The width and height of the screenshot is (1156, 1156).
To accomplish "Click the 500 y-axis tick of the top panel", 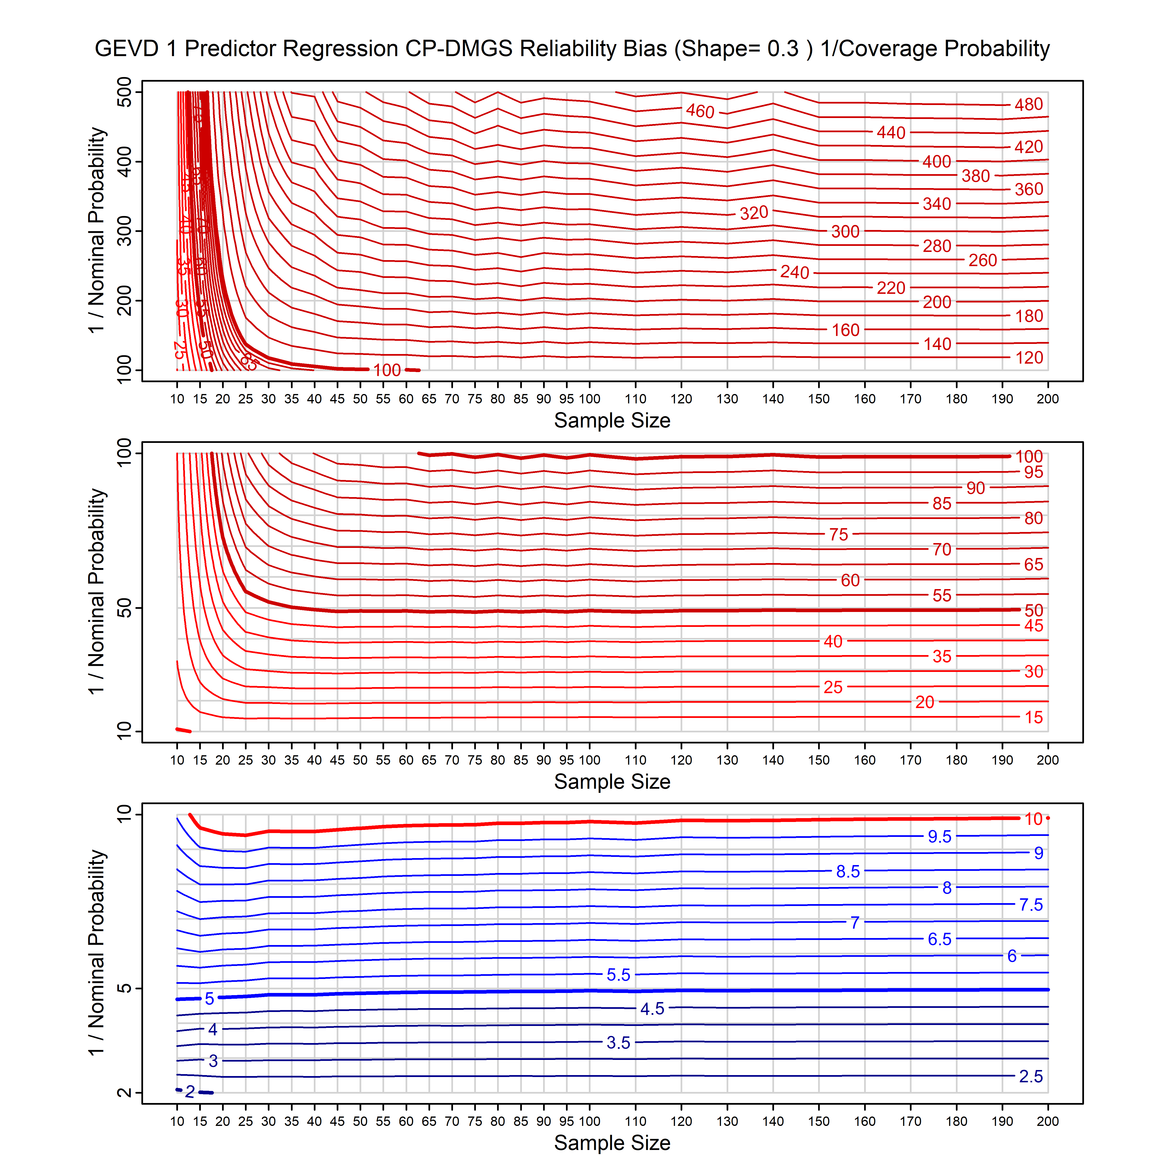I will [125, 92].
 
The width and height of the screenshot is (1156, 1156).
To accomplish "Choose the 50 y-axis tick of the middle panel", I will [125, 609].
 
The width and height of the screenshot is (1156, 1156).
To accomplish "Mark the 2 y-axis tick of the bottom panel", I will [125, 1093].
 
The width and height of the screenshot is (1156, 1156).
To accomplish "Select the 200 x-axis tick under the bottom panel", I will [1048, 1121].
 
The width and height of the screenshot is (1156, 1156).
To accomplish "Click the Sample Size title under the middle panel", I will [612, 782].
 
